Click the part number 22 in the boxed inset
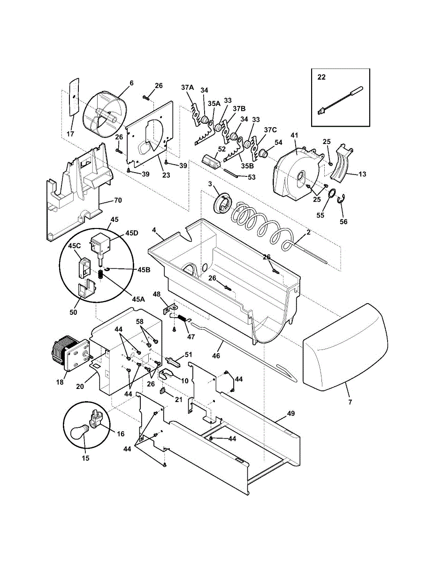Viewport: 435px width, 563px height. tap(321, 77)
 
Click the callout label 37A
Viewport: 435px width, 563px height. tap(187, 87)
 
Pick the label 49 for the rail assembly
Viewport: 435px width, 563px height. tap(291, 414)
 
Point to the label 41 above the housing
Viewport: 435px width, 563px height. tap(294, 136)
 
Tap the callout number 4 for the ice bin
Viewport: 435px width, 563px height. tap(154, 230)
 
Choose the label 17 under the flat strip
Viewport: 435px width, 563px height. tap(70, 134)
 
